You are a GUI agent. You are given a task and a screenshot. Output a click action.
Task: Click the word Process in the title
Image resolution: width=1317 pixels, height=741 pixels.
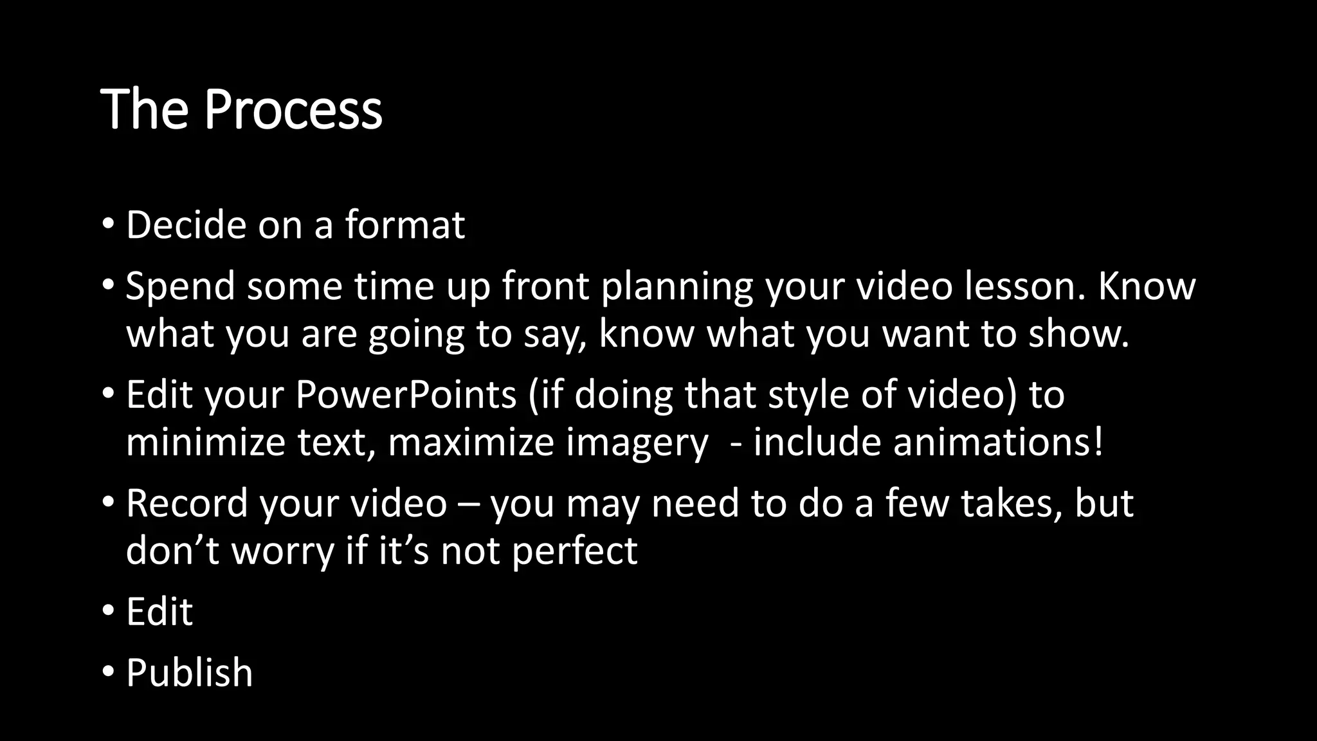[x=293, y=109]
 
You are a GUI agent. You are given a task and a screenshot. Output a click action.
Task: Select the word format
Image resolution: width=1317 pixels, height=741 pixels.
[x=404, y=225]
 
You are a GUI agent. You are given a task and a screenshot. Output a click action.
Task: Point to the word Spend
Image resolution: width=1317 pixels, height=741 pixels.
[x=181, y=287]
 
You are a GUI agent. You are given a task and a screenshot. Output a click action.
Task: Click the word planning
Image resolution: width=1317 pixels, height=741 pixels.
[x=677, y=287]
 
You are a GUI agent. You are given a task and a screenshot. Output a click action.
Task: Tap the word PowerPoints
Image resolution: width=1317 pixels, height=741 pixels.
[x=406, y=395]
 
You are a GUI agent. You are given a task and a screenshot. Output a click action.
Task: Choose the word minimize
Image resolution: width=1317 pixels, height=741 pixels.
[x=205, y=443]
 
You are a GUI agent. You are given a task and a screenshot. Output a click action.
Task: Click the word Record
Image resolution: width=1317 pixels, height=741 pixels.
[x=186, y=503]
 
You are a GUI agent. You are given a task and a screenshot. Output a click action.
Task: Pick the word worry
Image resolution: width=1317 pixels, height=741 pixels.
[x=283, y=552]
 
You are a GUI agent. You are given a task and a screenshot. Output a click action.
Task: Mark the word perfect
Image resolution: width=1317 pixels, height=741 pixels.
[x=574, y=552]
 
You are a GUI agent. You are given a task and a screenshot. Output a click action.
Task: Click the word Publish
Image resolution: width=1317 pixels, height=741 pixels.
[x=189, y=673]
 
